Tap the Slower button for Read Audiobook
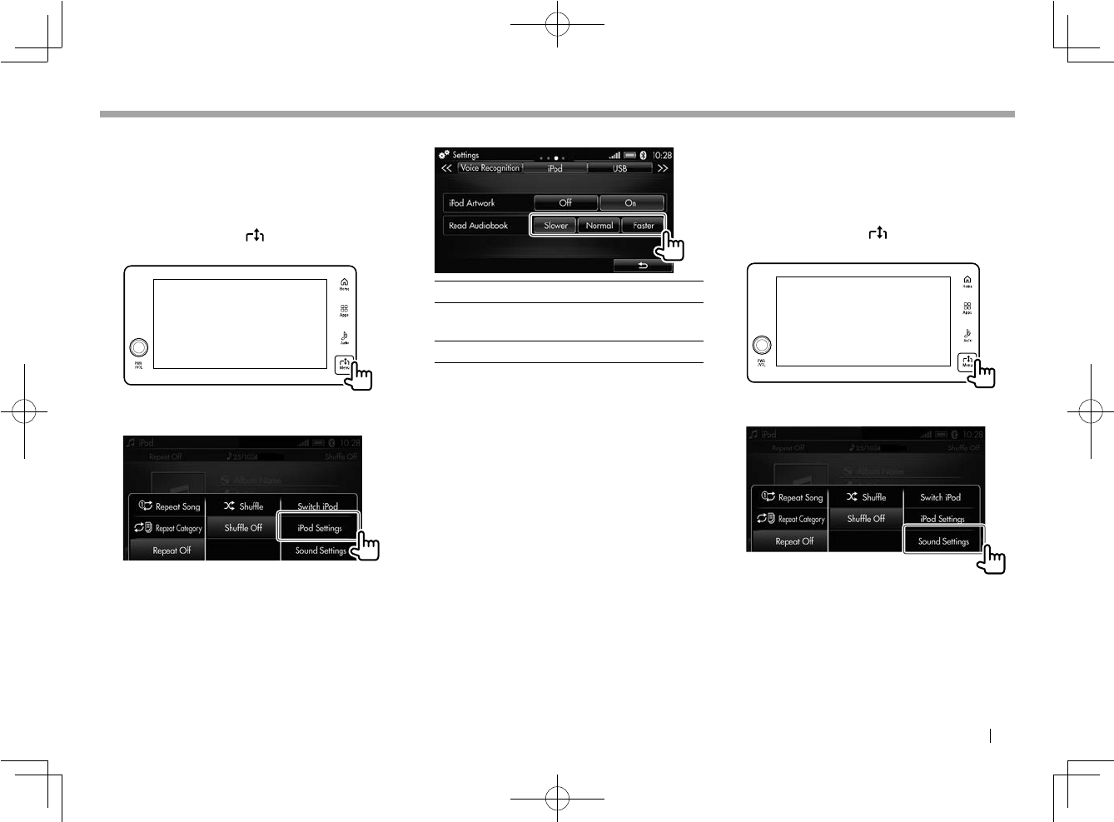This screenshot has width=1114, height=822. (555, 226)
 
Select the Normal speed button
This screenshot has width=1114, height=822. (599, 226)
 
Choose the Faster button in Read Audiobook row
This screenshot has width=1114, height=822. (643, 226)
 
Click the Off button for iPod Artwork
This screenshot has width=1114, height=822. (565, 202)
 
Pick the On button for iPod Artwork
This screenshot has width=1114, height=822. (630, 202)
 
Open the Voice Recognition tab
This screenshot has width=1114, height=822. (490, 168)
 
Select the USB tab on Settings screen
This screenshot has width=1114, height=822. (619, 168)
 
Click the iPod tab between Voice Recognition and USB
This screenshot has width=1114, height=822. (555, 168)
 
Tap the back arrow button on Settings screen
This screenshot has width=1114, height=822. (642, 266)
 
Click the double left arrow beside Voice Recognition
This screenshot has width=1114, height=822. (446, 168)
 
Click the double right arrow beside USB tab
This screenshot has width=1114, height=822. (663, 168)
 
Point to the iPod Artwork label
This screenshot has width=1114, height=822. (471, 202)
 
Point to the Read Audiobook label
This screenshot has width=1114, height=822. (478, 226)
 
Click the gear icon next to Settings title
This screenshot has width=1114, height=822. (444, 155)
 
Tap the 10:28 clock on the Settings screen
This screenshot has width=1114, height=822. (662, 155)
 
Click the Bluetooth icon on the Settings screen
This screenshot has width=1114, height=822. (643, 155)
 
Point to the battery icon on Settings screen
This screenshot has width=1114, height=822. (630, 155)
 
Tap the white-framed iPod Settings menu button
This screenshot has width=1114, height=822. (320, 527)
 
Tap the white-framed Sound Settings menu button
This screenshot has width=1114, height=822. (943, 541)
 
